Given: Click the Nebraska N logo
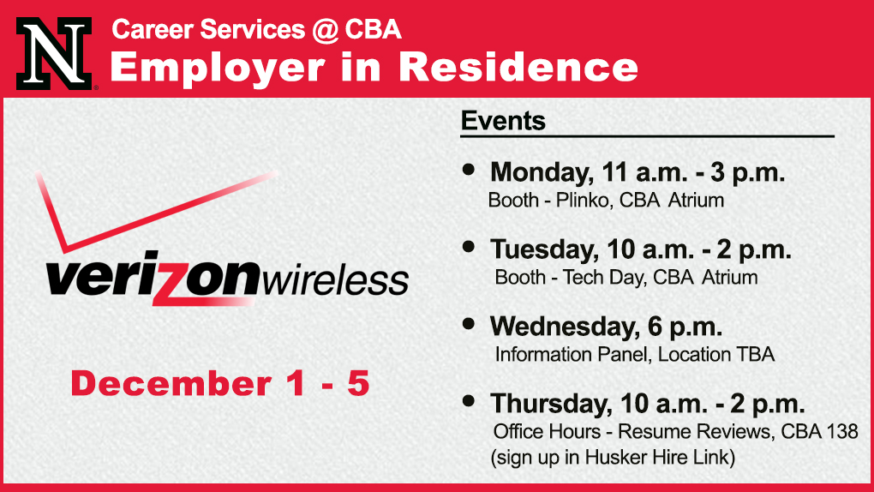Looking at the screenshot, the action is [x=54, y=53].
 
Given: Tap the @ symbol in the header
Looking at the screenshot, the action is [x=325, y=30].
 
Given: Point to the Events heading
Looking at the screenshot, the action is [x=503, y=121].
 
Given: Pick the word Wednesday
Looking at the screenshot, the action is [x=565, y=327].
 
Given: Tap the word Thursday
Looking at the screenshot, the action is [x=551, y=404].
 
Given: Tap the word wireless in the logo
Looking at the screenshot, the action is [x=334, y=280].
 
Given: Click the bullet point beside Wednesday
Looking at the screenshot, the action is [x=469, y=323].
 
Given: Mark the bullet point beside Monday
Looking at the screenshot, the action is [x=469, y=169].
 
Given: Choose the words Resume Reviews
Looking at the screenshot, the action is [x=695, y=431].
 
